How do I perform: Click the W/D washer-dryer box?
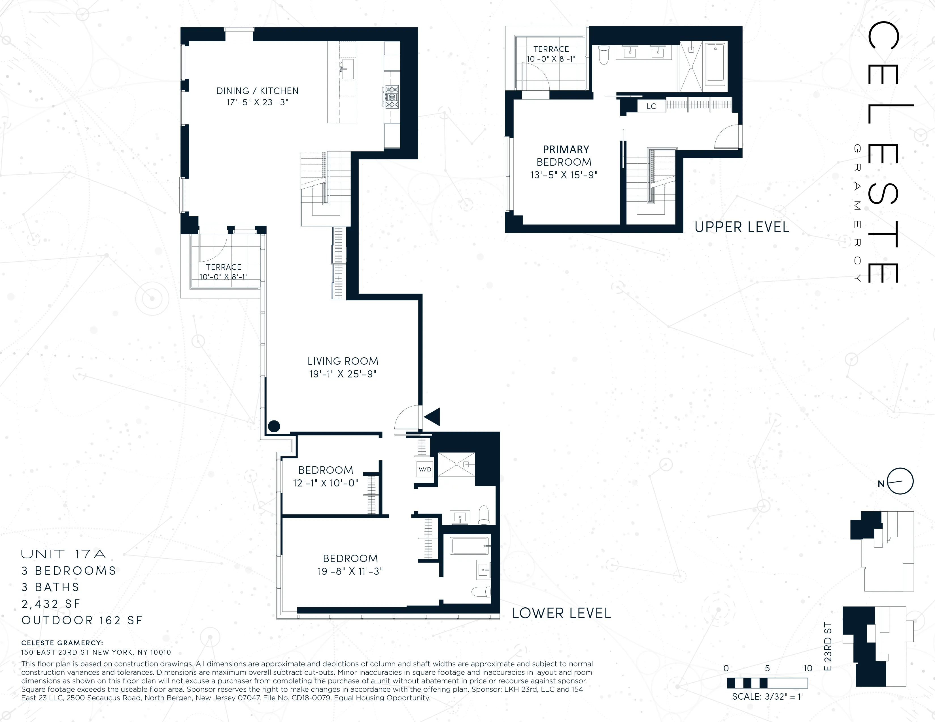425,469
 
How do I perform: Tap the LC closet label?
651,106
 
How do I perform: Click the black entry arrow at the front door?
432,416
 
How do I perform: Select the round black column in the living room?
274,426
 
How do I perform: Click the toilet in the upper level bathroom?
603,55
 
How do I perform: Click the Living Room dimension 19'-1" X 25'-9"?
343,374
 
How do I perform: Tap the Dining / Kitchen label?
257,91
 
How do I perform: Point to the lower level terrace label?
224,267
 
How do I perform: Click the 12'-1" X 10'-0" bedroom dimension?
325,483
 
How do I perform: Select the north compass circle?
900,481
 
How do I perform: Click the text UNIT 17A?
63,554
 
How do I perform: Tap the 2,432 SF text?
50,604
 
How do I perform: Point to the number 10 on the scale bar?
807,668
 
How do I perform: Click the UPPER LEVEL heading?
741,227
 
